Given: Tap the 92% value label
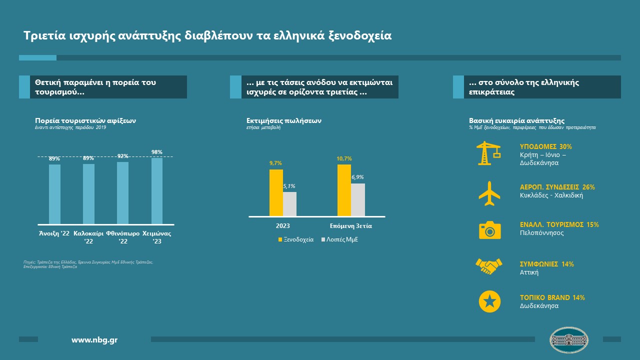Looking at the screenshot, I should [x=123, y=156].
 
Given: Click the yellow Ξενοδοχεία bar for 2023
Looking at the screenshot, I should [x=276, y=192].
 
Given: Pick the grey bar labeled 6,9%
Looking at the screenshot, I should [x=357, y=199].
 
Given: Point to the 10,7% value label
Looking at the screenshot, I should [x=344, y=158].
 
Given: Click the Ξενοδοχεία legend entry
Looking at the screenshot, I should [x=296, y=239].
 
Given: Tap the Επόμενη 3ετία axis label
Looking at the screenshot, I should [x=351, y=226].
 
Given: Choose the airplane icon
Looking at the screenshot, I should [x=489, y=193].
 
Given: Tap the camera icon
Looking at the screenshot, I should [x=489, y=230].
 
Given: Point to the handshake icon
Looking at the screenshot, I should [x=489, y=266].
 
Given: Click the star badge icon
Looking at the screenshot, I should [x=489, y=301].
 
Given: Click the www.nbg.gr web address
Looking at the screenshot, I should [x=94, y=340].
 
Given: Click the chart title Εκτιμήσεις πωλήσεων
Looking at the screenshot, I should [x=284, y=120].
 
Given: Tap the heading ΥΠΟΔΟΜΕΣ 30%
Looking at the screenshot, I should [x=546, y=147].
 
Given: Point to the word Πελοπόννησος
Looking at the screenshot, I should [x=542, y=233].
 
